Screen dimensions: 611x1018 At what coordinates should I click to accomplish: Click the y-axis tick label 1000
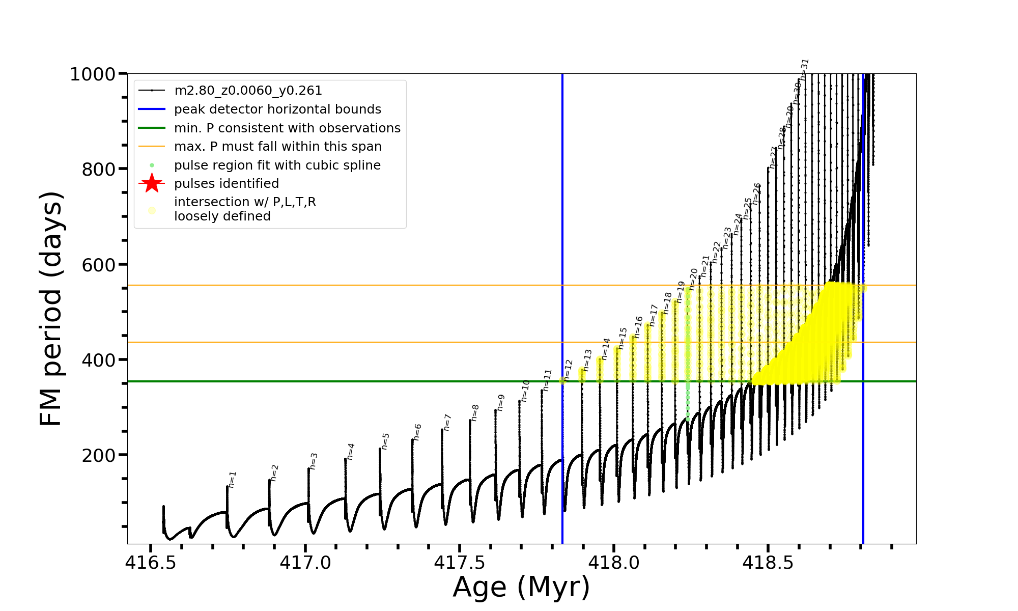pyautogui.click(x=93, y=75)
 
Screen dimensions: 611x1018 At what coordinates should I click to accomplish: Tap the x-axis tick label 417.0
pyautogui.click(x=305, y=563)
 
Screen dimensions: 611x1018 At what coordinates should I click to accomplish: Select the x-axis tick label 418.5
pyautogui.click(x=768, y=563)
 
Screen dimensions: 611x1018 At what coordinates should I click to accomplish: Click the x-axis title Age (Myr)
pyautogui.click(x=521, y=587)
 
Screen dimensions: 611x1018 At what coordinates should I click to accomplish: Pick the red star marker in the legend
pyautogui.click(x=152, y=183)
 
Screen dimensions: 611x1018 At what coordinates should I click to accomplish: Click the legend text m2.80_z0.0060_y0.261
pyautogui.click(x=248, y=91)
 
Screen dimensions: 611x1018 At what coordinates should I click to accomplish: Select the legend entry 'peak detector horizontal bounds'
pyautogui.click(x=277, y=109)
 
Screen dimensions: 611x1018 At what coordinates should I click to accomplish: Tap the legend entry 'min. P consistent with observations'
pyautogui.click(x=287, y=128)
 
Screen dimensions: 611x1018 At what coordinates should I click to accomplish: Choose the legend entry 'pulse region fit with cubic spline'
pyautogui.click(x=277, y=165)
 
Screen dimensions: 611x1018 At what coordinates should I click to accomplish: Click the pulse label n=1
pyautogui.click(x=233, y=480)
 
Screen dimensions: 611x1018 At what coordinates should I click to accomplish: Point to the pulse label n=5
pyautogui.click(x=386, y=441)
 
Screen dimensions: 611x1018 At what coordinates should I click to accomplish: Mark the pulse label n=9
pyautogui.click(x=501, y=403)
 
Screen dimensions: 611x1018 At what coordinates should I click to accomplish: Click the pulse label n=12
pyautogui.click(x=569, y=370)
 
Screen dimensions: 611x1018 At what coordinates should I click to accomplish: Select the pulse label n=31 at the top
pyautogui.click(x=805, y=70)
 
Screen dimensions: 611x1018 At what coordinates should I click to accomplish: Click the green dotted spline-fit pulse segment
pyautogui.click(x=688, y=356)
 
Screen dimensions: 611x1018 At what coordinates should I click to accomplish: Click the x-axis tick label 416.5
pyautogui.click(x=151, y=563)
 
